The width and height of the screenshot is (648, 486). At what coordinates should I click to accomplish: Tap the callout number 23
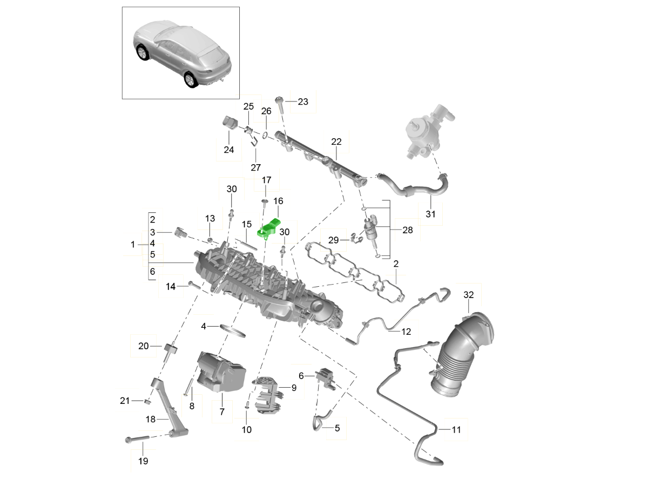click(x=302, y=102)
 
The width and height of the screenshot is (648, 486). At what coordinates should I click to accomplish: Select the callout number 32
click(x=468, y=295)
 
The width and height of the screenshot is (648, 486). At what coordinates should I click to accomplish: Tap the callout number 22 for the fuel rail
click(x=336, y=141)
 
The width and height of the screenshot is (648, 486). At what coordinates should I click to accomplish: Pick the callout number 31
click(x=430, y=214)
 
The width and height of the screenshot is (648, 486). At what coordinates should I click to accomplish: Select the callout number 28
click(x=407, y=230)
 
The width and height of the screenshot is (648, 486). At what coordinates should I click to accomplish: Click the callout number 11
click(x=457, y=430)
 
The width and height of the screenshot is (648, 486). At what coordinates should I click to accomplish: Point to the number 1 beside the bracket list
click(x=133, y=245)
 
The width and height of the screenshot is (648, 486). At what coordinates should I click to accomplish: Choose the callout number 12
click(x=406, y=331)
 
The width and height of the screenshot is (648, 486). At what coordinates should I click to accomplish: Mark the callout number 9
click(x=294, y=387)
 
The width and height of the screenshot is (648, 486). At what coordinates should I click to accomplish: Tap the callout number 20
click(x=143, y=346)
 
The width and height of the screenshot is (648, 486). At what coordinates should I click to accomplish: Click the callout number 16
click(x=278, y=201)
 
